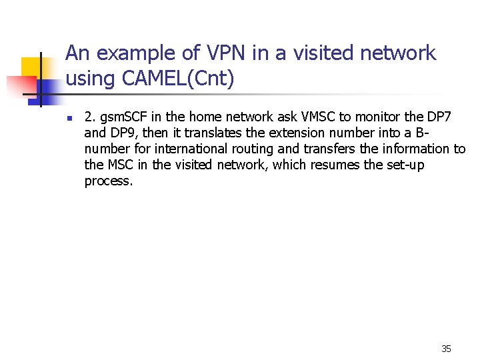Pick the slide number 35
click(446, 349)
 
